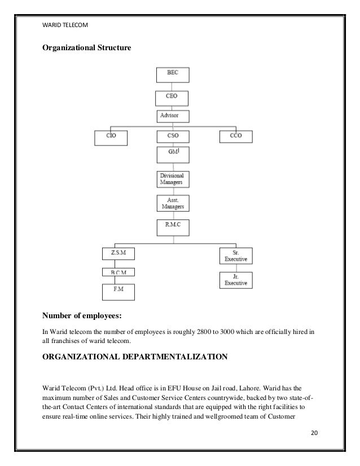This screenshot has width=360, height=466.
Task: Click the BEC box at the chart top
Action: (x=172, y=75)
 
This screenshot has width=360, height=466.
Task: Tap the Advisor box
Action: (x=172, y=116)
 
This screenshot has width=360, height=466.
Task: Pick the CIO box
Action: (x=112, y=136)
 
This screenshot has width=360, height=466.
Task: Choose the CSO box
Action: (x=173, y=136)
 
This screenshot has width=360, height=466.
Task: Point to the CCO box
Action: (x=236, y=136)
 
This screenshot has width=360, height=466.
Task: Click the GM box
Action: (x=173, y=155)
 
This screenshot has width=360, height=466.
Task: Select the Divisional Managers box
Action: (x=173, y=179)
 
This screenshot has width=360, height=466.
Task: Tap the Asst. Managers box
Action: (x=173, y=203)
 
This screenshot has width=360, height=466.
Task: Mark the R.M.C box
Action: (x=173, y=227)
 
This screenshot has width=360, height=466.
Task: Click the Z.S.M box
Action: (x=119, y=254)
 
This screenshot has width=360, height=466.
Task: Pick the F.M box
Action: (x=119, y=291)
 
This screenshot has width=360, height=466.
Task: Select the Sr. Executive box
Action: (x=236, y=257)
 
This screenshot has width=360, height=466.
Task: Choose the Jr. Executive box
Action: (x=236, y=280)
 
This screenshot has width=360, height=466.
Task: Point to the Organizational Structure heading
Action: (x=87, y=48)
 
